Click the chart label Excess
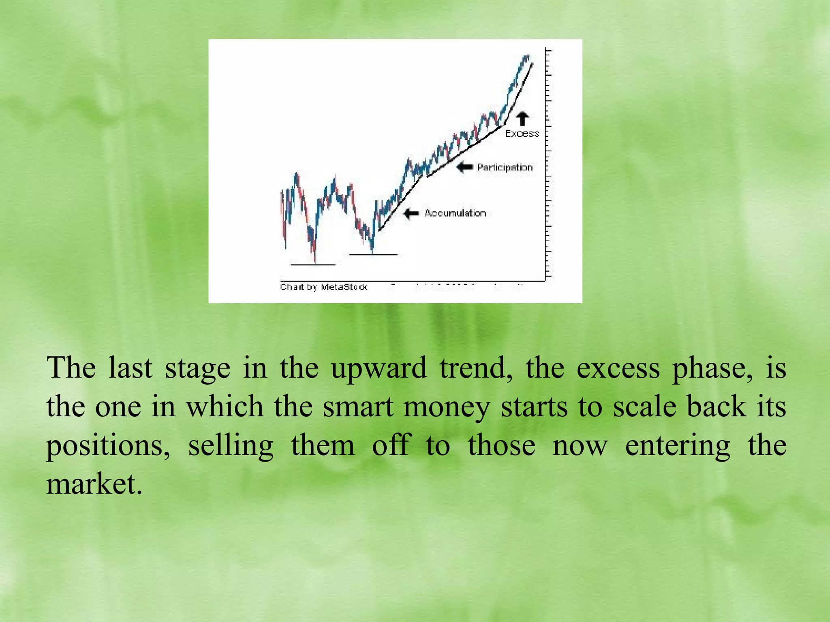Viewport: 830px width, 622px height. (522, 133)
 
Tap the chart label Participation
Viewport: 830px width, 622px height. (505, 167)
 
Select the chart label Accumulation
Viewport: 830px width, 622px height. (455, 213)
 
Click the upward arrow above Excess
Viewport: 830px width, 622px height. (522, 119)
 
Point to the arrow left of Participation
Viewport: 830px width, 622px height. (464, 167)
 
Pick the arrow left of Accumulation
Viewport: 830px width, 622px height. (411, 213)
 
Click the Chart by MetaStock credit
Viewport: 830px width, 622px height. (323, 287)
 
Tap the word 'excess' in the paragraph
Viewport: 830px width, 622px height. (618, 368)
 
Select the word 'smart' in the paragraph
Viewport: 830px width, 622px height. (358, 407)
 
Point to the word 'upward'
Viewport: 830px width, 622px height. (379, 369)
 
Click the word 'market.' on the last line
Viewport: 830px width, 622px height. (94, 484)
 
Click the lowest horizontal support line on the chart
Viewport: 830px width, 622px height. (313, 265)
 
